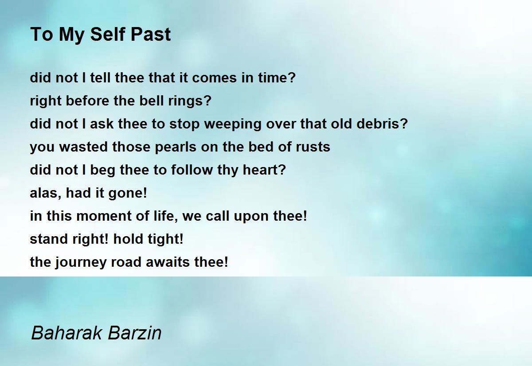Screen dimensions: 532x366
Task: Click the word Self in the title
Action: click(108, 34)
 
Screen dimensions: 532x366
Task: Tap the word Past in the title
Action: click(151, 34)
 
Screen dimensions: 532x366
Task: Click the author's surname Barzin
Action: click(135, 333)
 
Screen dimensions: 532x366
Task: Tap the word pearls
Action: click(176, 147)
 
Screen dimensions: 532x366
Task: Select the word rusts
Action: click(313, 147)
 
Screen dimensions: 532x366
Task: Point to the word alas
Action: click(44, 193)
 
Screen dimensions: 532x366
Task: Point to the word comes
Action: click(214, 78)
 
